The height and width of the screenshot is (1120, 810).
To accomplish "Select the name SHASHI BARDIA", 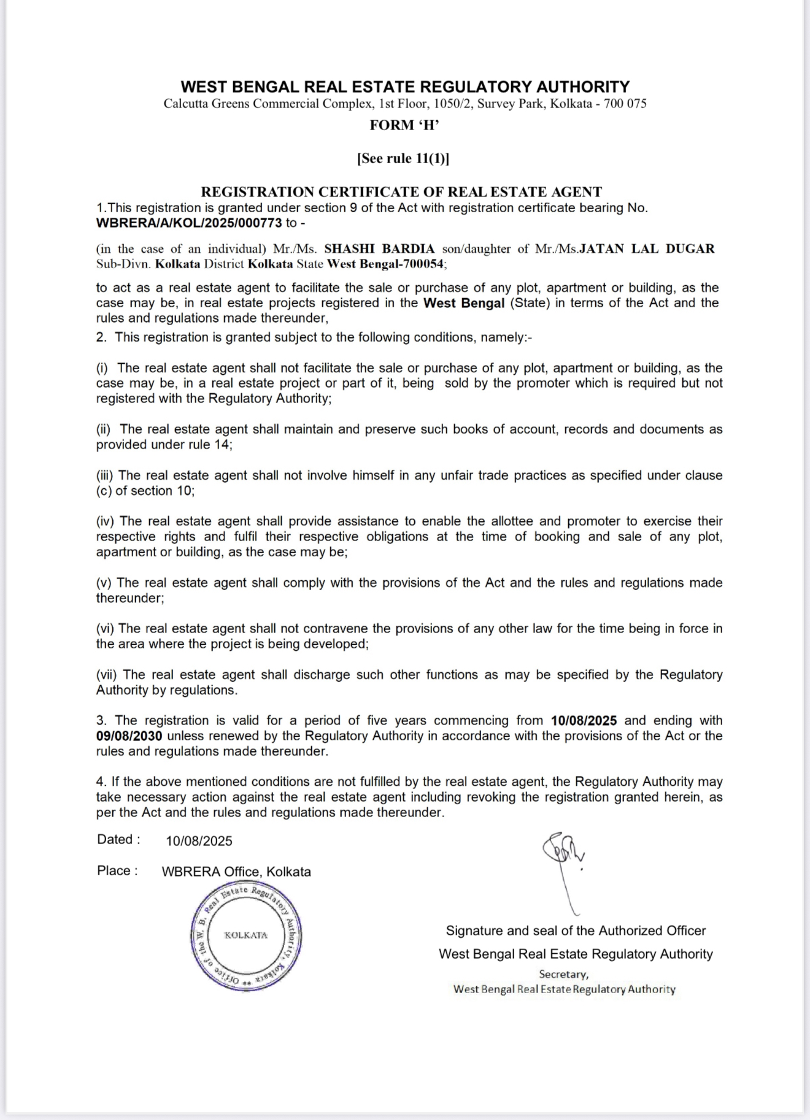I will click(x=379, y=249).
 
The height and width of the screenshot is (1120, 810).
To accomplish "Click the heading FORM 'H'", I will click(x=404, y=126).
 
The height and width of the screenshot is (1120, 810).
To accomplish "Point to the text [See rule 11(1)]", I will click(x=403, y=159).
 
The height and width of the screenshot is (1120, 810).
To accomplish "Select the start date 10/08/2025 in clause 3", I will click(x=584, y=721).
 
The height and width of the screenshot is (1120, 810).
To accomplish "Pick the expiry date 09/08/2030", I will click(x=129, y=736).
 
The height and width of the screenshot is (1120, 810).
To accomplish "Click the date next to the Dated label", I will click(x=199, y=841).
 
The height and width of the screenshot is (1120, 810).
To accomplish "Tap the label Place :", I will click(x=117, y=871).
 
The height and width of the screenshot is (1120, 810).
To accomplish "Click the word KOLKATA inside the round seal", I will click(x=245, y=935).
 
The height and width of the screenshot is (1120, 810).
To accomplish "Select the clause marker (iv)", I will click(x=106, y=521).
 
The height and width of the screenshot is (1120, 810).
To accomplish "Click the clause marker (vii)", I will click(x=107, y=675).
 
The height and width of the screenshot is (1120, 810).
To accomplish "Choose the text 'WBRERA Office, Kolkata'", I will click(x=236, y=872).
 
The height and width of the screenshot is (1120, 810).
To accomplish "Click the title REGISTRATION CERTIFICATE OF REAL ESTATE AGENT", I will click(x=402, y=192).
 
